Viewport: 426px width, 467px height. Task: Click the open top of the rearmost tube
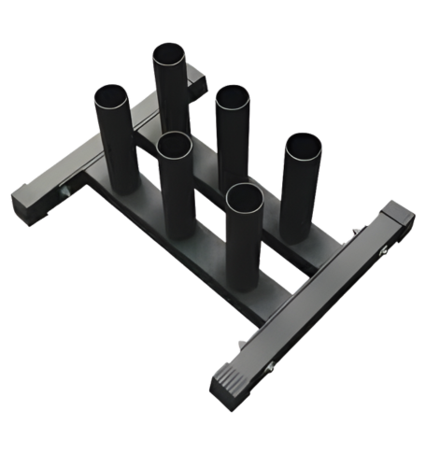[170, 54]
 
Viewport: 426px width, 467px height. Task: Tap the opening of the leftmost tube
[110, 96]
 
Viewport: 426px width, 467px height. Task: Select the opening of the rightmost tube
[302, 148]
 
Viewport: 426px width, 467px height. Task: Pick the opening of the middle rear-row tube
[232, 98]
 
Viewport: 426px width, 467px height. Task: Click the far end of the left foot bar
[196, 82]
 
